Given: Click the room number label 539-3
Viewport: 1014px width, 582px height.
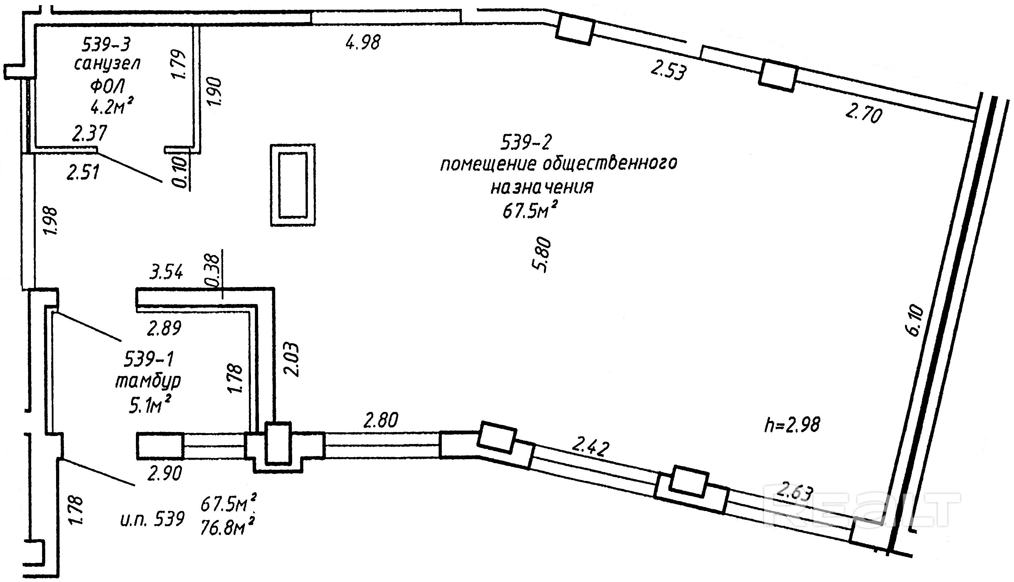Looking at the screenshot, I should pos(106,44).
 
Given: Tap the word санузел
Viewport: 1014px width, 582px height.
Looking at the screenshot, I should pos(107,64).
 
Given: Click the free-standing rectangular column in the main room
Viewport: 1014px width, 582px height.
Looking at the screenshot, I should pos(293,185).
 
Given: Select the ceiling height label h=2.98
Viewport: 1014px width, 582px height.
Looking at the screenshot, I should pos(792,425).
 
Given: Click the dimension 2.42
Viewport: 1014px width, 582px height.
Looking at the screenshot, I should pos(590,447).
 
